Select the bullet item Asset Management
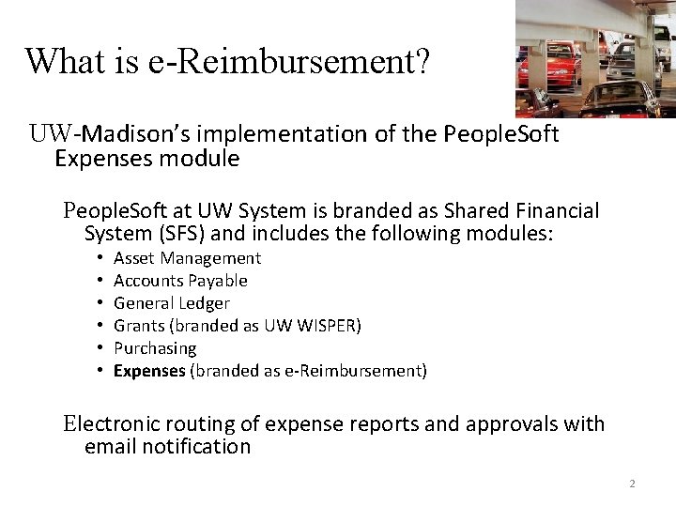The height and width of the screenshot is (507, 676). [187, 258]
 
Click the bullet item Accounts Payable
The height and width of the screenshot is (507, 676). [180, 281]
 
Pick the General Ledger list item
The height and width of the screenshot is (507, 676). [171, 303]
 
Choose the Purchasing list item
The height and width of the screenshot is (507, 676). [155, 348]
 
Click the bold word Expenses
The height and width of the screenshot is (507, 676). [149, 371]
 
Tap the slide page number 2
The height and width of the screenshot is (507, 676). [632, 484]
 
